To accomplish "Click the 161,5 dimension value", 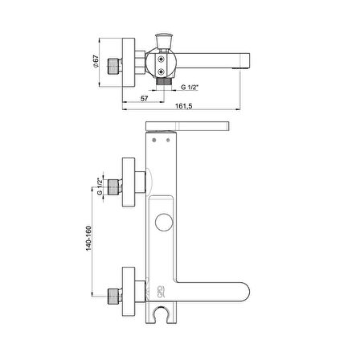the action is [x=184, y=106].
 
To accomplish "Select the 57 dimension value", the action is [x=144, y=99].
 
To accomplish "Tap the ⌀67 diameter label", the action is [x=96, y=62].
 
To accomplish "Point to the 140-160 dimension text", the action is [x=88, y=239].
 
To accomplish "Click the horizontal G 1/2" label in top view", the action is [x=190, y=87].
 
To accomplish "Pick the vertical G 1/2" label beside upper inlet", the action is [x=100, y=186].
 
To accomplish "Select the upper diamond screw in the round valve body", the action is [x=161, y=59].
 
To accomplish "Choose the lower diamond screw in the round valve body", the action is [x=161, y=72].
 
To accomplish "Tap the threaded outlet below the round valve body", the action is [x=163, y=82].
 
